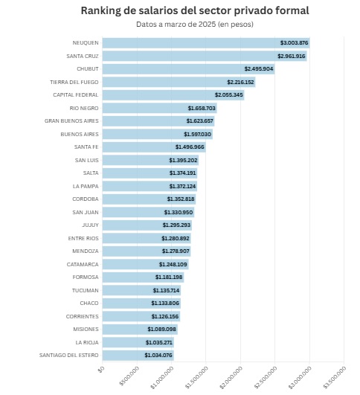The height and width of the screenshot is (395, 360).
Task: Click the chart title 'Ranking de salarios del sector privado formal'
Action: click(x=195, y=10)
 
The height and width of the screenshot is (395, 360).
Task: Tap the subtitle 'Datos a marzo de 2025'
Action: click(x=176, y=25)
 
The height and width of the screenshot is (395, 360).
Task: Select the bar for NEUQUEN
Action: click(x=206, y=43)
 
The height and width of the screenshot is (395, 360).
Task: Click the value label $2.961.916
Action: click(x=292, y=56)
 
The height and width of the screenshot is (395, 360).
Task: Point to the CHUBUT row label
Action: click(x=88, y=68)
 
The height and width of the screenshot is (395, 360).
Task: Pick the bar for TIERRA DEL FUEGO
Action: click(x=179, y=82)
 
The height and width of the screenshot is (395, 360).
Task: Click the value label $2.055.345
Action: click(x=229, y=95)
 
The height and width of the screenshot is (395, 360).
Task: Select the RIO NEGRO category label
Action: click(x=84, y=108)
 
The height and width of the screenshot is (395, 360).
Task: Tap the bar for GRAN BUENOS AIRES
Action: click(x=158, y=121)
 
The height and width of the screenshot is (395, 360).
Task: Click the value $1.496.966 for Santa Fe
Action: click(x=190, y=147)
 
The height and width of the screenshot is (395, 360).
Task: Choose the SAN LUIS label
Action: click(x=87, y=160)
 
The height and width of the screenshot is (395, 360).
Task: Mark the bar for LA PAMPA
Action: click(x=150, y=186)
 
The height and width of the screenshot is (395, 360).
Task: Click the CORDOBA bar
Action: click(x=150, y=199)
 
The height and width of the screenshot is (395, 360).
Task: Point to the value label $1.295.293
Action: click(x=176, y=225)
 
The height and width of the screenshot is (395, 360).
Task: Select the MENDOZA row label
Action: click(x=86, y=251)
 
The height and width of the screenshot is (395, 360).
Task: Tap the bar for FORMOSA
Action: click(x=143, y=277)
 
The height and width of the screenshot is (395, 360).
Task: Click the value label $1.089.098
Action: click(x=161, y=330)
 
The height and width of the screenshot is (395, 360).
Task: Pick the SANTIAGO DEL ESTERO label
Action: click(x=68, y=355)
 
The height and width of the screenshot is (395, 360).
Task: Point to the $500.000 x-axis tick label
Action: click(x=129, y=376)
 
